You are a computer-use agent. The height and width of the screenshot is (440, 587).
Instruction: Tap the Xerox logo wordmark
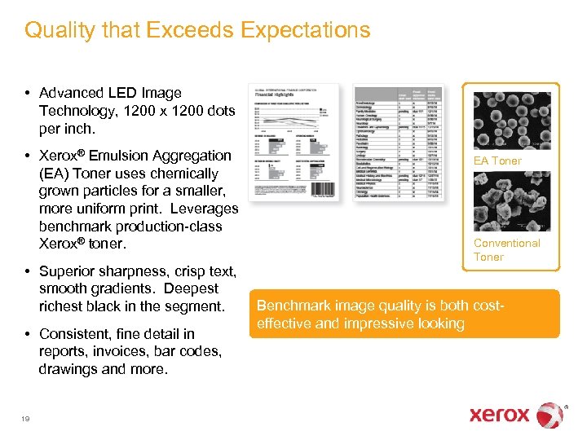(500, 415)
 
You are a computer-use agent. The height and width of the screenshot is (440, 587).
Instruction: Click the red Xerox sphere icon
(551, 414)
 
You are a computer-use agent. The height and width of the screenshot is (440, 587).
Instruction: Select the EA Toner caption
(497, 161)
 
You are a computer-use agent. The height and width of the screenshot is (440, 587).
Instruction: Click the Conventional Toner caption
(506, 249)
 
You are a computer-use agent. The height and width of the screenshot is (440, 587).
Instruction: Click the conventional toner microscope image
(512, 200)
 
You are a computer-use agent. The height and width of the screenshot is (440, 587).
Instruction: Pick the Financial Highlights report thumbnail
(293, 141)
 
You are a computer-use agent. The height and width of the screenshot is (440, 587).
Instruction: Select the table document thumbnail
(399, 143)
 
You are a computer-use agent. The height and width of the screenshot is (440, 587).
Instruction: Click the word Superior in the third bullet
(65, 271)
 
